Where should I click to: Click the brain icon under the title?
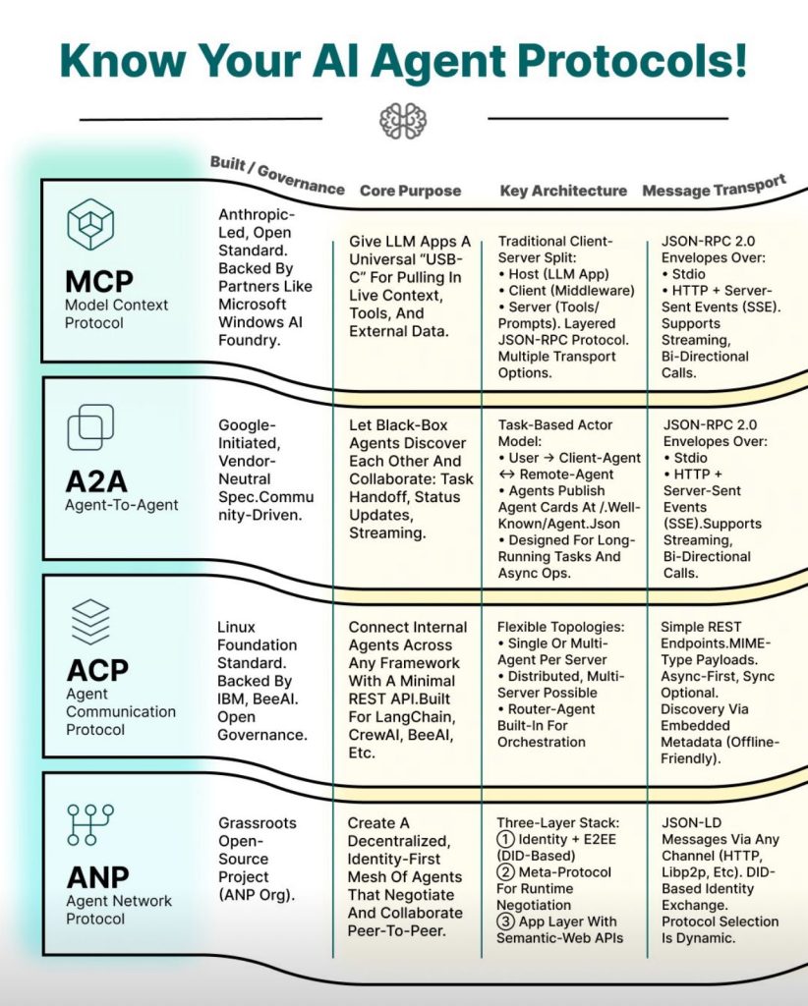(403, 120)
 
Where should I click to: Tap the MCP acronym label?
(100, 282)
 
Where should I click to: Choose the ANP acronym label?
(97, 876)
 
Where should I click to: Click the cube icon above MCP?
(90, 224)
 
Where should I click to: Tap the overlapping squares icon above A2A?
(90, 428)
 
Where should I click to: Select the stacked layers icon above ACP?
(90, 622)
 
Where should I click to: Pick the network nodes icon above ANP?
(90, 824)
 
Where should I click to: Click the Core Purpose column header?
(410, 190)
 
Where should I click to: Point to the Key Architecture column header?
(563, 190)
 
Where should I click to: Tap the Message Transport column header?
(714, 187)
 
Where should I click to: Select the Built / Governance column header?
(276, 175)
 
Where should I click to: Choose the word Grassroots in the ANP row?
(257, 822)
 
